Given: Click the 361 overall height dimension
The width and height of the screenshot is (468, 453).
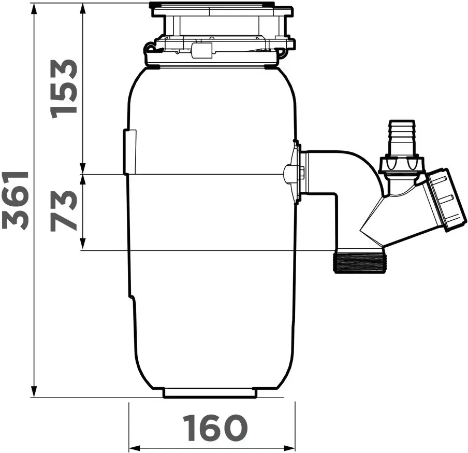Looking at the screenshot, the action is [x=15, y=200].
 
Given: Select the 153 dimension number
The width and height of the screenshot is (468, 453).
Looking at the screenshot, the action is [x=64, y=89].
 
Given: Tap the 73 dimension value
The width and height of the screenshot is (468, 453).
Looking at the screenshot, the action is [x=64, y=211].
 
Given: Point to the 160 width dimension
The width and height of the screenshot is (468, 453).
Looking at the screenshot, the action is [x=215, y=428].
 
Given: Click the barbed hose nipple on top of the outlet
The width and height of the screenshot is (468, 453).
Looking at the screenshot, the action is [x=401, y=138].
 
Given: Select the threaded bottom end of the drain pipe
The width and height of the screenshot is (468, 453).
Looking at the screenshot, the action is [x=359, y=263].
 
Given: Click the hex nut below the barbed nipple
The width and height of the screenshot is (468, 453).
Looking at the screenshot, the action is [x=401, y=165].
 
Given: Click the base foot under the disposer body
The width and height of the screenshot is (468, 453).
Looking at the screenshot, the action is [x=210, y=392].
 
